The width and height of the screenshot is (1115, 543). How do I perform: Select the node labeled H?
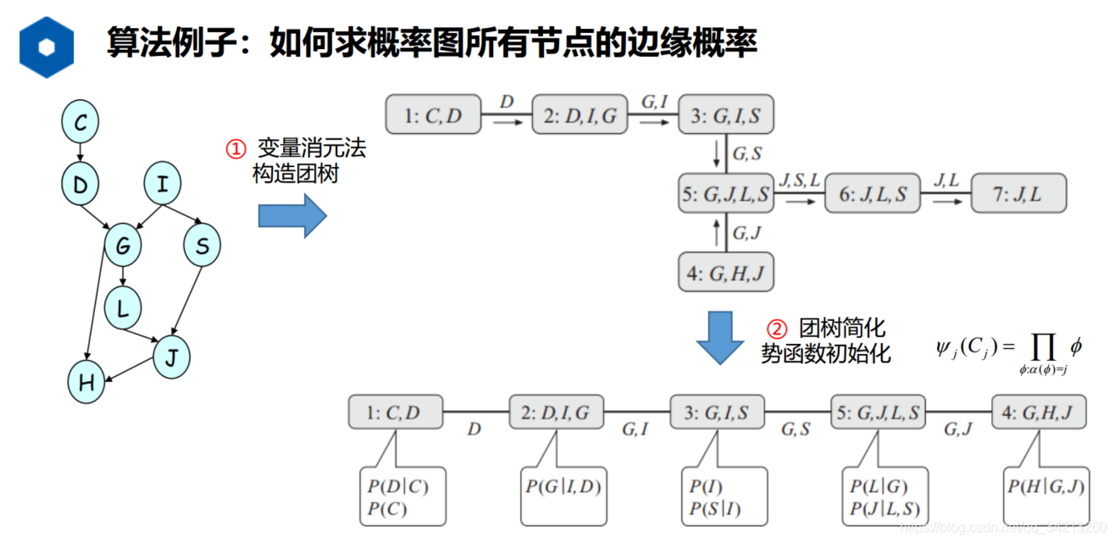point(86,383)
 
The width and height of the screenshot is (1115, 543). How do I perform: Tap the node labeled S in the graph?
point(202,247)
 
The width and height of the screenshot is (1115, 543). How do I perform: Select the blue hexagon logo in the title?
point(47,47)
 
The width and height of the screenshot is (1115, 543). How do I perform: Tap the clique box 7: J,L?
point(1018,194)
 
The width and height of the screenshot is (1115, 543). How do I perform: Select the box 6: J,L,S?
point(872,194)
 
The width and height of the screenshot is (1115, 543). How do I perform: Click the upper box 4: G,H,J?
point(726,273)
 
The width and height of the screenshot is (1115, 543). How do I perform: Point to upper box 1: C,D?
point(433,115)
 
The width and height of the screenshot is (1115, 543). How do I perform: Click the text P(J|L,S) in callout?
point(885,509)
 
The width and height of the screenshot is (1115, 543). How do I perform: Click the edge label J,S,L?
point(800,180)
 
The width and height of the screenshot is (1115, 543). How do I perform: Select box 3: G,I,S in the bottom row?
point(717,413)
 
